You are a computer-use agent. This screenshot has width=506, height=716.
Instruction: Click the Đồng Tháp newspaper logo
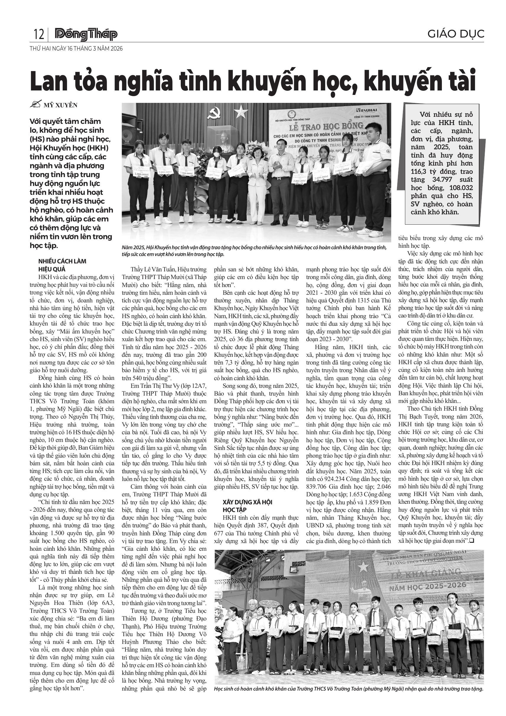(86, 34)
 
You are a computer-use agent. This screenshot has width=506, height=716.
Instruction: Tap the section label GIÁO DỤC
(455, 34)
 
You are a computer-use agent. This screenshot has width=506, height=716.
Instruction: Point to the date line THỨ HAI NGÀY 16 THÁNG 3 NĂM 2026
(76, 49)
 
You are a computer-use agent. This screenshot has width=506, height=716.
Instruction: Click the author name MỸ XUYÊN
(60, 105)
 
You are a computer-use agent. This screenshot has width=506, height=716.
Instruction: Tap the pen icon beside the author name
(35, 105)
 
